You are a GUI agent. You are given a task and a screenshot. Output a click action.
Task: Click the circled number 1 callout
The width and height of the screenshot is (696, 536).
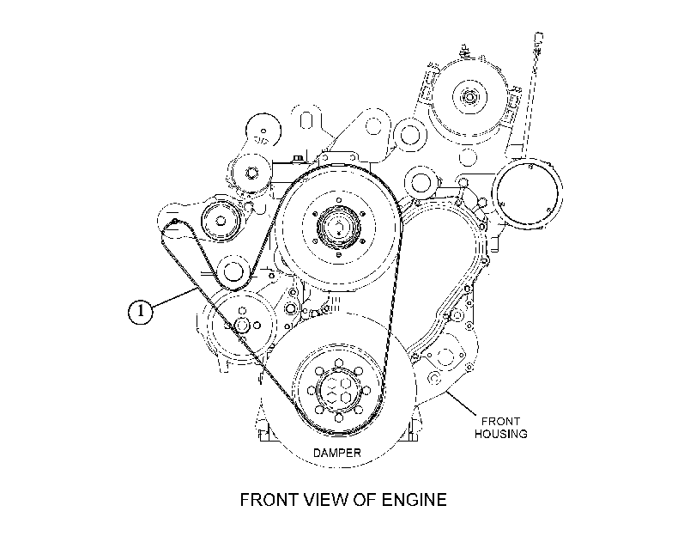[x=140, y=311]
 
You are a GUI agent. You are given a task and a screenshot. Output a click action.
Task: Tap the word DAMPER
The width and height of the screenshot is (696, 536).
[x=337, y=453]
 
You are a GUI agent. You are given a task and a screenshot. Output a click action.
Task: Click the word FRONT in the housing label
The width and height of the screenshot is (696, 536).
[x=500, y=421]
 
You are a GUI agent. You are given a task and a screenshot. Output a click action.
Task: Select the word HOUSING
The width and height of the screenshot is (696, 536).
[x=500, y=434]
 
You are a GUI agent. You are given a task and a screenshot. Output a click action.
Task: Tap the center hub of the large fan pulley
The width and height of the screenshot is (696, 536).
[x=339, y=227]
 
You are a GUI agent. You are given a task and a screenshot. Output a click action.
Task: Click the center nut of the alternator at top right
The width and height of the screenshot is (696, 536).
[x=468, y=96]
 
